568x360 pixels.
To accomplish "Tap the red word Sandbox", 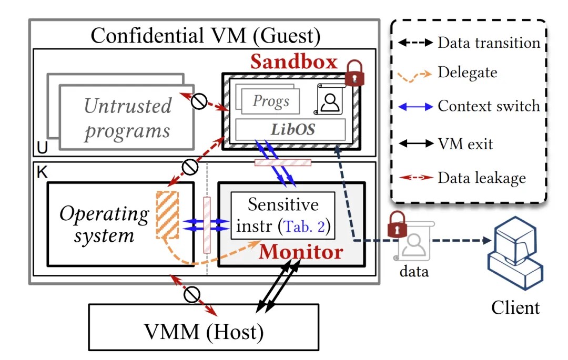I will pyautogui.click(x=293, y=61).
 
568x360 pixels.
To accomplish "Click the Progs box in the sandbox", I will pyautogui.click(x=271, y=101).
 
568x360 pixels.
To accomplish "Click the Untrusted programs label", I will pyautogui.click(x=127, y=118).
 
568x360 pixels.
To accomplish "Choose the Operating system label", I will pyautogui.click(x=104, y=224).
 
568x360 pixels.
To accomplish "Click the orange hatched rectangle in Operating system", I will pyautogui.click(x=168, y=213).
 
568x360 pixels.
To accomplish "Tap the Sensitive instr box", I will pyautogui.click(x=283, y=215).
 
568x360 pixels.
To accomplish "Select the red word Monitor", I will pyautogui.click(x=300, y=252).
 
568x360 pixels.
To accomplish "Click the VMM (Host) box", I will pyautogui.click(x=204, y=331).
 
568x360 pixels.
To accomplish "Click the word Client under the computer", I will pyautogui.click(x=515, y=307).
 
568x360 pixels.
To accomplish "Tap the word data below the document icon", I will pyautogui.click(x=413, y=272).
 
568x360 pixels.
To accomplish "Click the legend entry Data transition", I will pyautogui.click(x=489, y=43).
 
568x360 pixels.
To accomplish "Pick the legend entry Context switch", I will pyautogui.click(x=489, y=106).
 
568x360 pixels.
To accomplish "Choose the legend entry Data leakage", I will pyautogui.click(x=481, y=178).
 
